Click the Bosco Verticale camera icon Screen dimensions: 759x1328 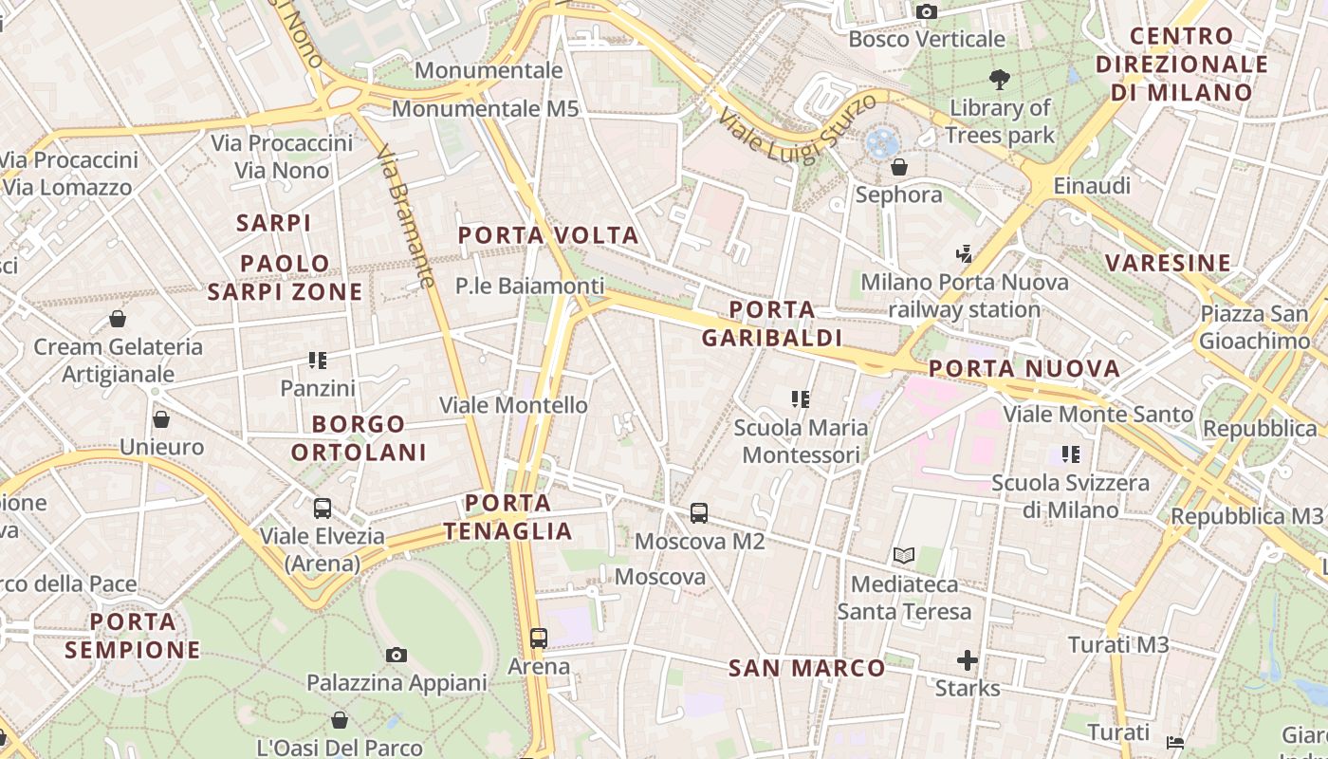click(927, 11)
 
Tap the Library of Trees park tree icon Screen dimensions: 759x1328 click(999, 80)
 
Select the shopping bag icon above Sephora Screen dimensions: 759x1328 click(898, 168)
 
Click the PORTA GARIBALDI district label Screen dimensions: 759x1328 click(772, 324)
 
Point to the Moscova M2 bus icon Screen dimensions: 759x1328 click(699, 513)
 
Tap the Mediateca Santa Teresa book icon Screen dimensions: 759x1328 click(904, 556)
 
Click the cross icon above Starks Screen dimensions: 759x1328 click(968, 660)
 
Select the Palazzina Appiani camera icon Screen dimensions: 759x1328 click(397, 655)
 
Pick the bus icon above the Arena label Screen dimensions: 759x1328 click(539, 639)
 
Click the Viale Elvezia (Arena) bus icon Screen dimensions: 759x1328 click(323, 509)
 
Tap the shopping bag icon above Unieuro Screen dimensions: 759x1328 click(161, 419)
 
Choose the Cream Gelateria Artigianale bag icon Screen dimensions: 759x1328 click(118, 319)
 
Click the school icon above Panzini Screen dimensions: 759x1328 click(318, 361)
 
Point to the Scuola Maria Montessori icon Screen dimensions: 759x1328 click(801, 399)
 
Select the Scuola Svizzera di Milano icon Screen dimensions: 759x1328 click(1071, 454)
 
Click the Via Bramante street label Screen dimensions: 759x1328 click(405, 216)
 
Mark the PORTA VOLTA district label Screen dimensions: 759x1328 click(548, 235)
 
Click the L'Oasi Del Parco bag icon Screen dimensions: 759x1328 click(339, 721)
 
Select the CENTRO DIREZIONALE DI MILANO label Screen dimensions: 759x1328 click(1182, 65)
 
